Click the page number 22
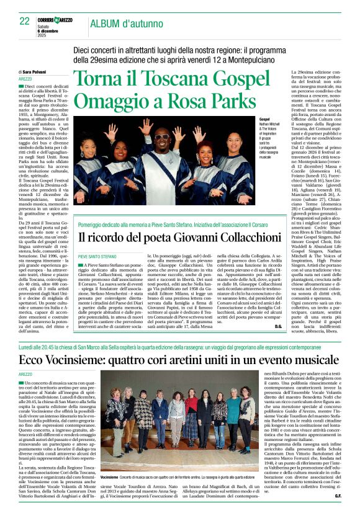tap(25, 22)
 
